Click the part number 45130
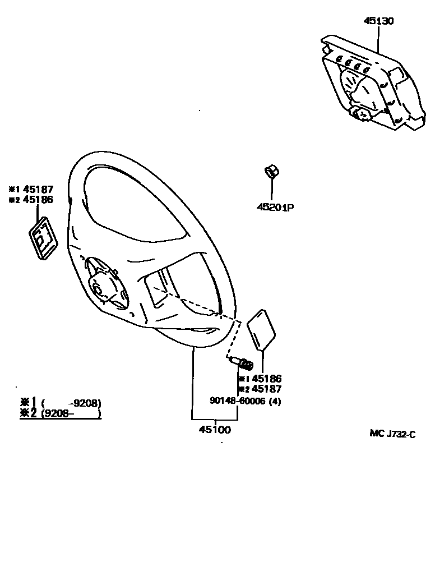pos(378,21)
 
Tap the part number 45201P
pos(275,208)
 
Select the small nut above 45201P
pos(272,171)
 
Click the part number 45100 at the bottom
pos(215,430)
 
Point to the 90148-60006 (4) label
pos(245,401)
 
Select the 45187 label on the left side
pos(38,190)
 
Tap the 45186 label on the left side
pos(38,200)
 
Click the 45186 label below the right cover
pos(266,379)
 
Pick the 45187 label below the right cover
pos(266,389)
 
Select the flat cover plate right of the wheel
pos(261,329)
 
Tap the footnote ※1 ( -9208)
pos(61,403)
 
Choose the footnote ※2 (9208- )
pos(61,414)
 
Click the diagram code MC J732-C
pos(392,433)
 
